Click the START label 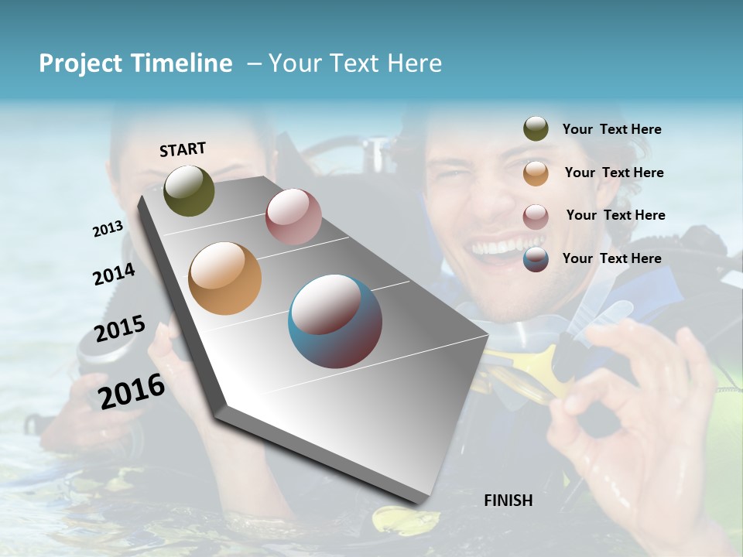coord(183,149)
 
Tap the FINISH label coord(508,501)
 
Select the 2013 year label coord(108,228)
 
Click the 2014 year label coord(114,274)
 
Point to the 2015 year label coord(119,329)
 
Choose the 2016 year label coord(131,391)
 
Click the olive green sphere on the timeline coord(189,190)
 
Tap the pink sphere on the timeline coord(293,217)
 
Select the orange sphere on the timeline coord(224,278)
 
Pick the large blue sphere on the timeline coord(335,321)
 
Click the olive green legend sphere coord(536,129)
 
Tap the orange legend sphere coord(536,173)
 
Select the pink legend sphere coord(536,216)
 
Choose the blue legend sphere coord(536,258)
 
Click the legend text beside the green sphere coord(611,129)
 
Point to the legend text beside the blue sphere coord(611,258)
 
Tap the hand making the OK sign coord(635,418)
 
